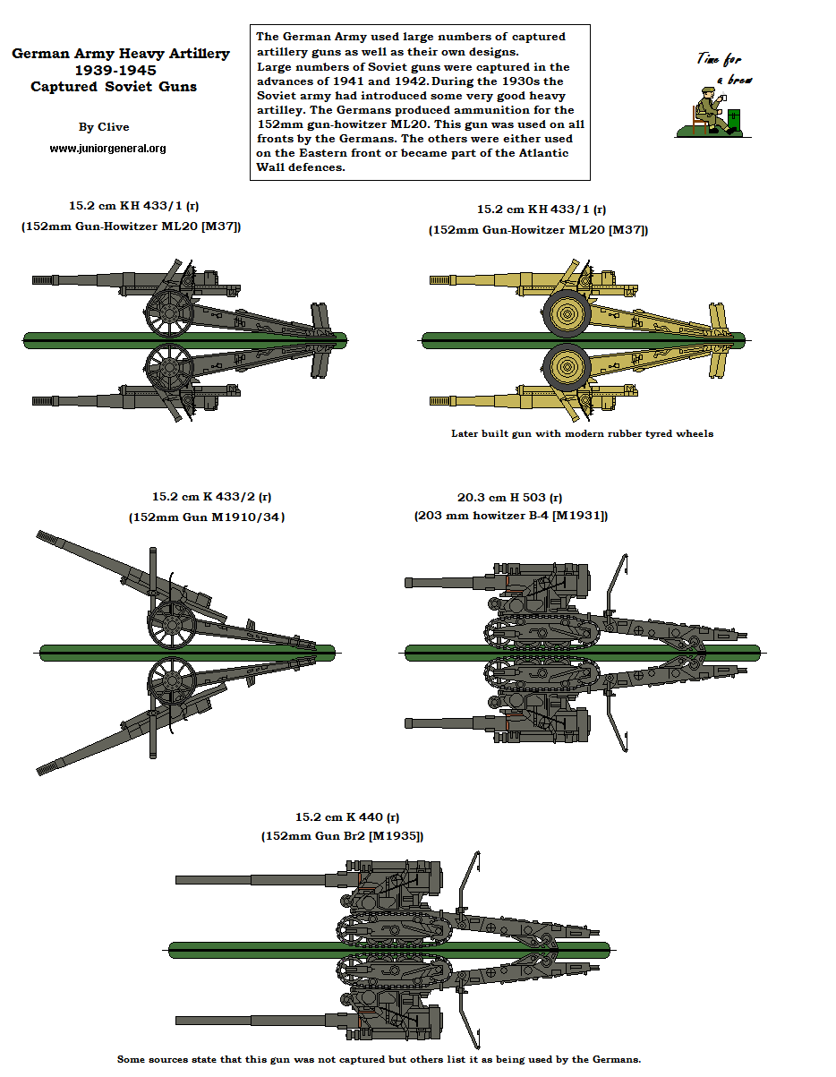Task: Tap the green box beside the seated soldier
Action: click(x=735, y=121)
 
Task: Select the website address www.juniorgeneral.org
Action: click(x=107, y=149)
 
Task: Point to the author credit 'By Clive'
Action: click(x=104, y=127)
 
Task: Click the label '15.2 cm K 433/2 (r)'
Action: click(x=211, y=496)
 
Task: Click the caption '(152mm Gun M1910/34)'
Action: click(x=207, y=517)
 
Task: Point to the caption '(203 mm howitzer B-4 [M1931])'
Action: click(x=510, y=516)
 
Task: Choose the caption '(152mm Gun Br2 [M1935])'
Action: click(x=342, y=835)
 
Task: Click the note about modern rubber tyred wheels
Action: click(x=583, y=433)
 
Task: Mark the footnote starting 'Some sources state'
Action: click(x=379, y=1059)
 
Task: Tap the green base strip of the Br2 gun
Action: click(x=388, y=949)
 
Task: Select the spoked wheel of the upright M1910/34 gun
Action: click(x=172, y=623)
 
